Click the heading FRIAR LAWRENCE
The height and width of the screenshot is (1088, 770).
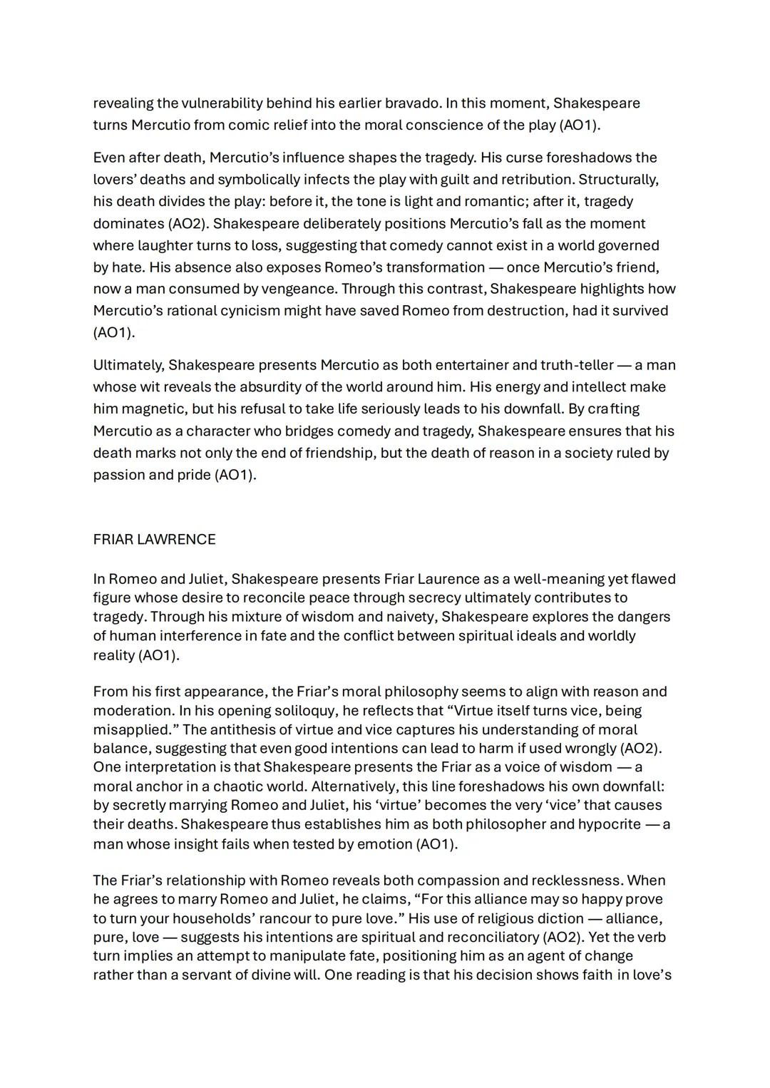(x=154, y=540)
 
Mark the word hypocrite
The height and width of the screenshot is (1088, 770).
(x=609, y=824)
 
